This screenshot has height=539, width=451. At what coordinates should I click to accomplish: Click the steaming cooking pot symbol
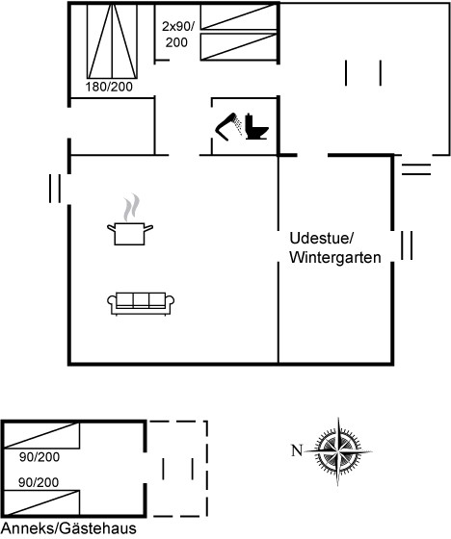tap(130, 220)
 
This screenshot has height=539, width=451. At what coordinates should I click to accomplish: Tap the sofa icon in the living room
tap(141, 303)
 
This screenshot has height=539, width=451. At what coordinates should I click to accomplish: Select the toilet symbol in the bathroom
tap(256, 126)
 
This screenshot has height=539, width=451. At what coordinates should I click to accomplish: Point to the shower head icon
tap(229, 126)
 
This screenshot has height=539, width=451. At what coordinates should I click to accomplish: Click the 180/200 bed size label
tap(109, 87)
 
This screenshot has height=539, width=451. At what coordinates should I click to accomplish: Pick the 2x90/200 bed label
tap(177, 35)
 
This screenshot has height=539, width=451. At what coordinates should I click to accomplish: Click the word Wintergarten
tap(335, 258)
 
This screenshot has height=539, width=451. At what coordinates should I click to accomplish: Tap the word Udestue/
tap(322, 239)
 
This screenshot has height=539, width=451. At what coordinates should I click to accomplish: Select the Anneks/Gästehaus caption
tap(68, 528)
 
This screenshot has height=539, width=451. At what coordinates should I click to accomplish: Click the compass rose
tap(338, 451)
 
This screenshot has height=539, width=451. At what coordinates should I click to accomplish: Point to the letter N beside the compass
tap(297, 450)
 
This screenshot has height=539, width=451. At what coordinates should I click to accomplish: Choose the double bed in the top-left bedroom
tap(112, 41)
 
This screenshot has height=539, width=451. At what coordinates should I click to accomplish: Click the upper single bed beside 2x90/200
tap(239, 17)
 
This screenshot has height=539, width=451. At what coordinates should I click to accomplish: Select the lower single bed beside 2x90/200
tap(239, 47)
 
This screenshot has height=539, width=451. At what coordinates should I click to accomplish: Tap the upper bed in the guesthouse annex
tap(41, 435)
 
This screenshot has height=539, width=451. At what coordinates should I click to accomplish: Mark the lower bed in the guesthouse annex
tap(41, 502)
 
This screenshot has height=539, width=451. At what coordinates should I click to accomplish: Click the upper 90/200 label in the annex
tap(40, 457)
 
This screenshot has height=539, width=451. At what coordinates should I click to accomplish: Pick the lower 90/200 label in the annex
tap(39, 482)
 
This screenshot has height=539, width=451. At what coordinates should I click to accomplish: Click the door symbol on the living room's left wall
tap(55, 189)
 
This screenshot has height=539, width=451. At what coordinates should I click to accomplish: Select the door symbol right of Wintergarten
tap(407, 245)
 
